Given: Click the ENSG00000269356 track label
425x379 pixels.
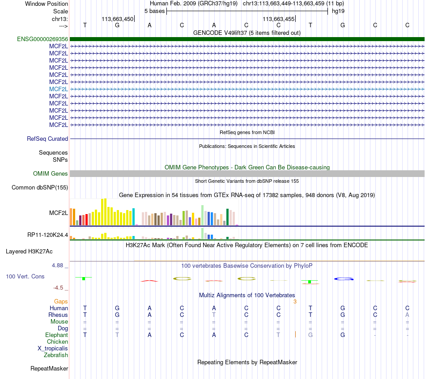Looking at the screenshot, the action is click(42, 39).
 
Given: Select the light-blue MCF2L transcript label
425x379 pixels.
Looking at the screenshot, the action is click(59, 89).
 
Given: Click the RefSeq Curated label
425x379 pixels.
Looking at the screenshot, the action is click(47, 139).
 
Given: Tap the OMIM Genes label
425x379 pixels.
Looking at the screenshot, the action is click(51, 173).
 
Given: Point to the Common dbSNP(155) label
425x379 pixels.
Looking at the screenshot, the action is click(40, 187).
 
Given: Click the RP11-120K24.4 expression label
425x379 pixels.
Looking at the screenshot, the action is click(48, 235).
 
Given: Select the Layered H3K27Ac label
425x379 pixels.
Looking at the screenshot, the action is click(29, 252).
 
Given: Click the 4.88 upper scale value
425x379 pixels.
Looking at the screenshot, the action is click(57, 265).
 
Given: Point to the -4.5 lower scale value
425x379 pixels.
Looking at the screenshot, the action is click(58, 287).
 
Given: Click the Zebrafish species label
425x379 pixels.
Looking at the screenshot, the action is click(56, 355).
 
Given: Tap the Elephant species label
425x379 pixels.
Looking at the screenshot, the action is click(56, 335).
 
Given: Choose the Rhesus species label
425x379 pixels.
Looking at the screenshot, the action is click(58, 315).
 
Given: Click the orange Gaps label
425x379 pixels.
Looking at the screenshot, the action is click(61, 301).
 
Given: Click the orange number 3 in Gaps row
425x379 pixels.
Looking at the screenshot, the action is click(295, 301).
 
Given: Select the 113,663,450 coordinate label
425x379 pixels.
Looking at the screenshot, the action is click(118, 19).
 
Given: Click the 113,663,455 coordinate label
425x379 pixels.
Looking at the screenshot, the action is click(278, 19).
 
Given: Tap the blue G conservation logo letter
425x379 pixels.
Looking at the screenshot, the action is click(344, 279).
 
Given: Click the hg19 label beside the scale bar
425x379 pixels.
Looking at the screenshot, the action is click(338, 11).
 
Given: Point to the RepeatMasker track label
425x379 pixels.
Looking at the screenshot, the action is click(49, 368).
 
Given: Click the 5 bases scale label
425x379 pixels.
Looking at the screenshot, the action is click(154, 11).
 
